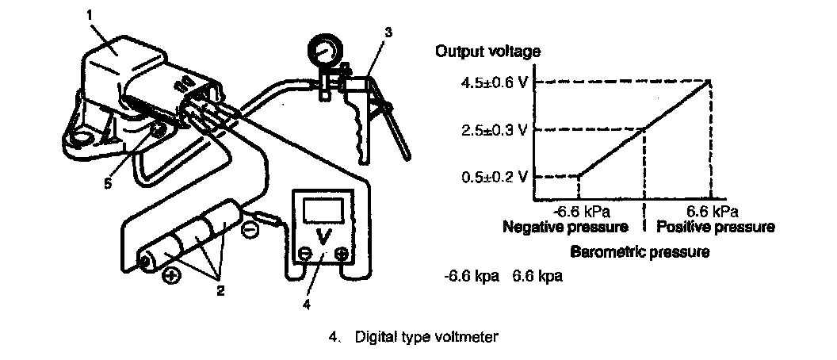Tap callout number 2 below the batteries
click(x=220, y=290)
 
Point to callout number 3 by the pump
click(x=388, y=33)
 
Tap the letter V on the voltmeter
click(x=323, y=235)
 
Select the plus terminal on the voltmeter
click(x=342, y=255)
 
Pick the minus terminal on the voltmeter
click(x=304, y=255)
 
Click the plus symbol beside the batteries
click(x=169, y=277)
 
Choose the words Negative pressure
click(x=565, y=227)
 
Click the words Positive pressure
click(x=715, y=227)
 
